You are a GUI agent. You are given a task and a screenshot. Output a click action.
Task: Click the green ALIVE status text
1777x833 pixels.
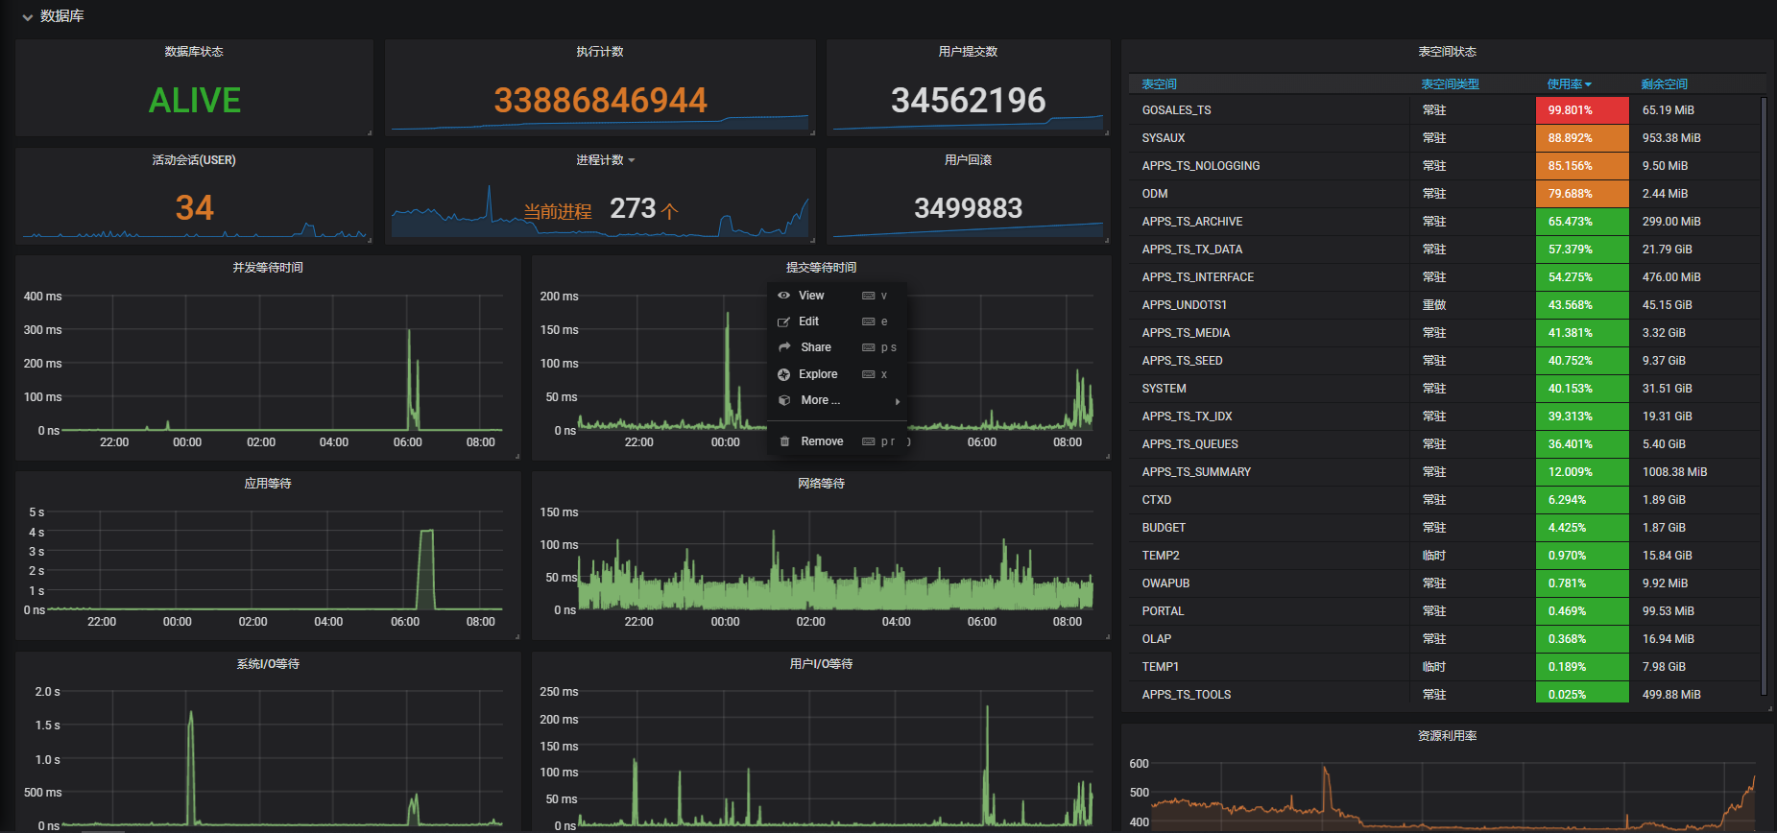pyautogui.click(x=194, y=100)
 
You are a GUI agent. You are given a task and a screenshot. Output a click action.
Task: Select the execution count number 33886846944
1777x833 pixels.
pyautogui.click(x=600, y=100)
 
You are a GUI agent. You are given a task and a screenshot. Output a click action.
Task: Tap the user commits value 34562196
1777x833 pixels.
pyautogui.click(x=968, y=100)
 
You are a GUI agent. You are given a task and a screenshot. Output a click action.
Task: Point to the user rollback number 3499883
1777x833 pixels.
pyautogui.click(x=968, y=208)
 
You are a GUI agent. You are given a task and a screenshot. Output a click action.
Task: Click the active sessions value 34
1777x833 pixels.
pyautogui.click(x=194, y=208)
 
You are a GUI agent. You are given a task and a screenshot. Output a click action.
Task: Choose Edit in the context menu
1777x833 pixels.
pyautogui.click(x=808, y=321)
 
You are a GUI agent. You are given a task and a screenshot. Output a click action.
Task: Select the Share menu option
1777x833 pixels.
pyautogui.click(x=815, y=347)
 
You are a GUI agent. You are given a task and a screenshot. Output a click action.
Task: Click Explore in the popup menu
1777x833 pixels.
pyautogui.click(x=817, y=374)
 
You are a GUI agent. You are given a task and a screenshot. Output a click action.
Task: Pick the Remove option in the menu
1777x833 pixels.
pyautogui.click(x=821, y=441)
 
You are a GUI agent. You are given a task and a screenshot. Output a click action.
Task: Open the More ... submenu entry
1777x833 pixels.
pyautogui.click(x=820, y=400)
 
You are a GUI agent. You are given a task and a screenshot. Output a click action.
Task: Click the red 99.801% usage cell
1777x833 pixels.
pyautogui.click(x=1581, y=110)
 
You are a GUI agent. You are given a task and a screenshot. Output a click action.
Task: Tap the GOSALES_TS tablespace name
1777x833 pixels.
pyautogui.click(x=1176, y=110)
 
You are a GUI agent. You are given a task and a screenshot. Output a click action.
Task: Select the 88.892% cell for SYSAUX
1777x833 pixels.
pyautogui.click(x=1581, y=138)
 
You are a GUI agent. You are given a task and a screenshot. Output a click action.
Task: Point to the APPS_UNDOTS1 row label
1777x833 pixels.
pyautogui.click(x=1184, y=305)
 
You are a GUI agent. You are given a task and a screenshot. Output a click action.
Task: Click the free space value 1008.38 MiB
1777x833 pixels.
pyautogui.click(x=1674, y=472)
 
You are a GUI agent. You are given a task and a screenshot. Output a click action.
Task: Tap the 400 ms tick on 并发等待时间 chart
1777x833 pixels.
pyautogui.click(x=42, y=297)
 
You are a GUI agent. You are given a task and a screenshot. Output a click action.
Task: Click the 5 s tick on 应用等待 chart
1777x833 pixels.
pyautogui.click(x=36, y=512)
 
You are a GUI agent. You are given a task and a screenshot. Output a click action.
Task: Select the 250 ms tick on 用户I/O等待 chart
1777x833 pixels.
pyautogui.click(x=559, y=692)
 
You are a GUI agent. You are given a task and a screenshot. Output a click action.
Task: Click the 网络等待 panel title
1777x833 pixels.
pyautogui.click(x=821, y=484)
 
